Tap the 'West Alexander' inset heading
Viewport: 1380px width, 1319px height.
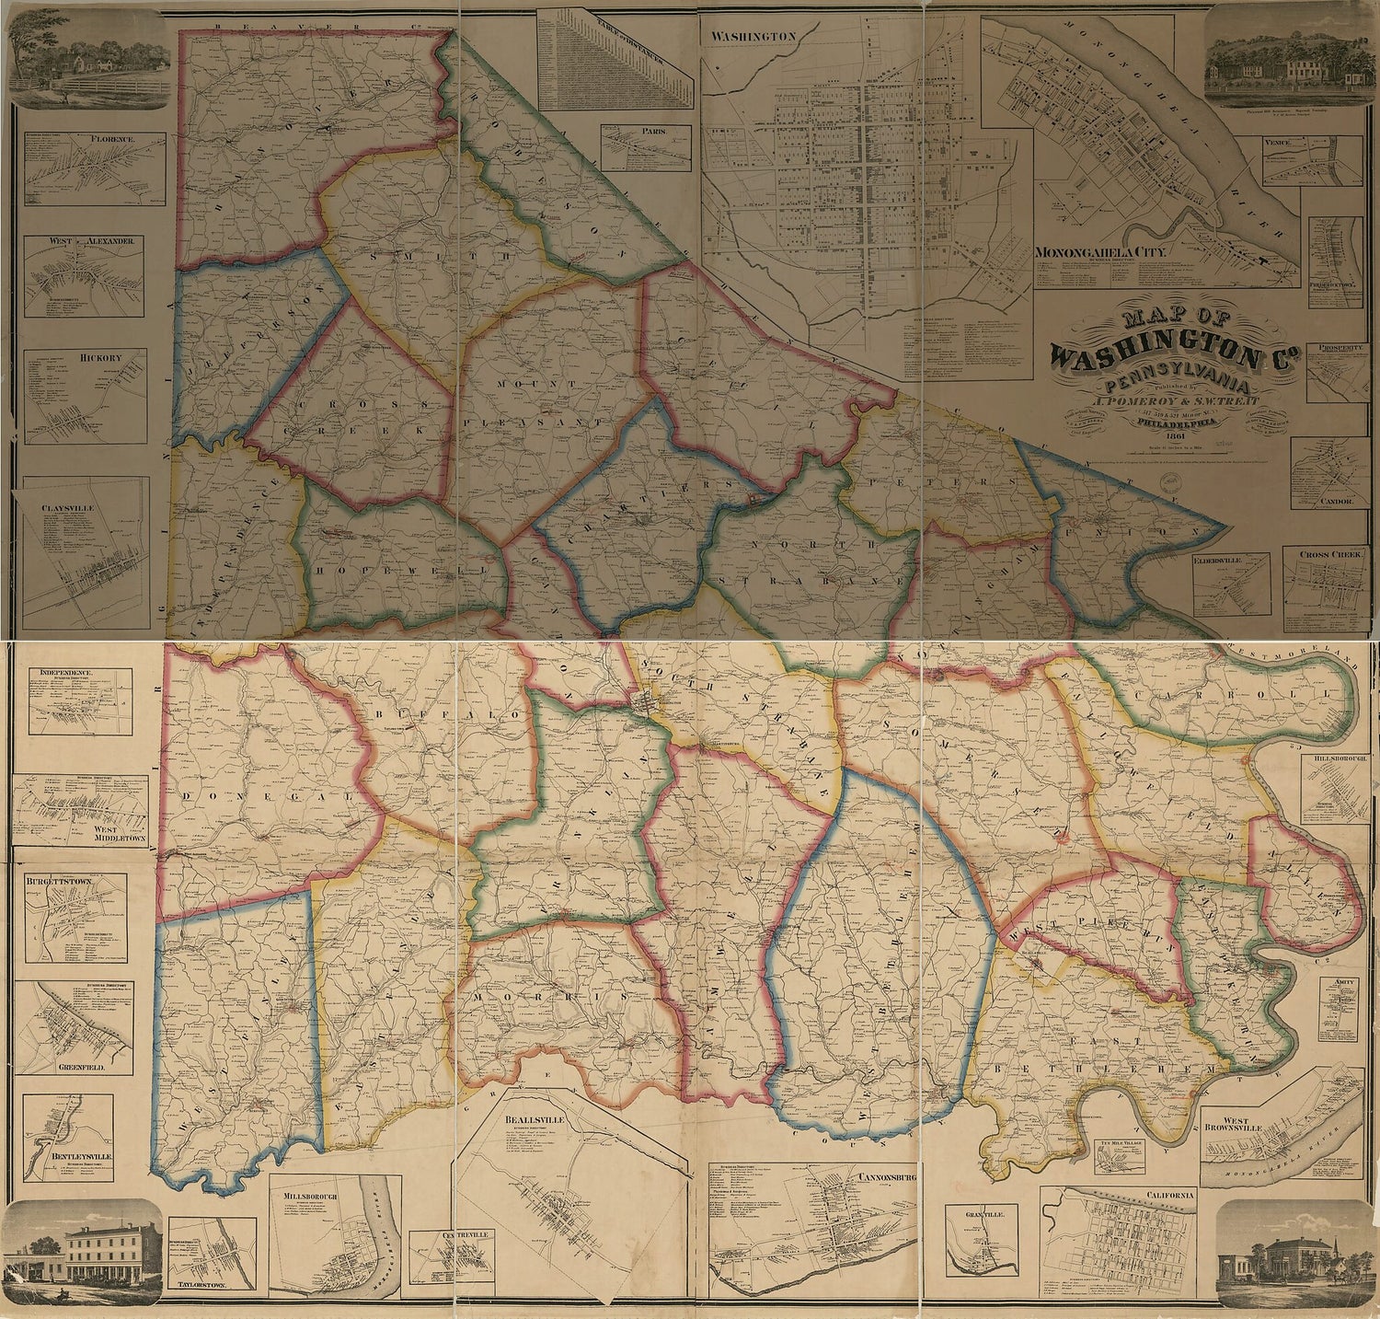85,241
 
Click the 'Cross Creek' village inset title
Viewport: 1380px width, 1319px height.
1331,555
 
